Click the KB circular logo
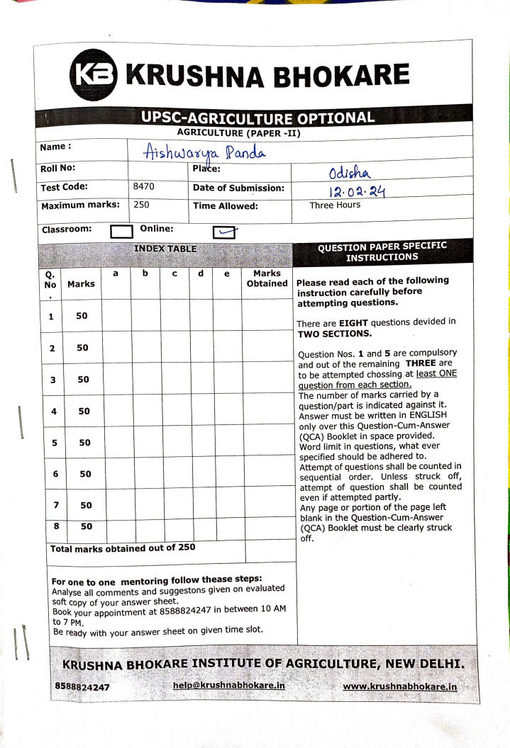pos(94,74)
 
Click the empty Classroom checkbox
pos(122,231)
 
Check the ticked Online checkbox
pos(224,232)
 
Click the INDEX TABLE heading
pos(165,249)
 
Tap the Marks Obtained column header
pos(267,278)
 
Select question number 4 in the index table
pos(54,412)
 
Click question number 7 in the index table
pos(55,505)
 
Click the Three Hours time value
pos(335,205)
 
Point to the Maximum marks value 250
pos(140,205)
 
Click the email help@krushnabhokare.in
pos(228,686)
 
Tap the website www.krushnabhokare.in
pos(399,686)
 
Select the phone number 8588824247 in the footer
pos(82,687)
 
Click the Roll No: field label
pos(58,169)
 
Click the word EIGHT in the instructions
pos(353,322)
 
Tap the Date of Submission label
pos(238,188)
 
